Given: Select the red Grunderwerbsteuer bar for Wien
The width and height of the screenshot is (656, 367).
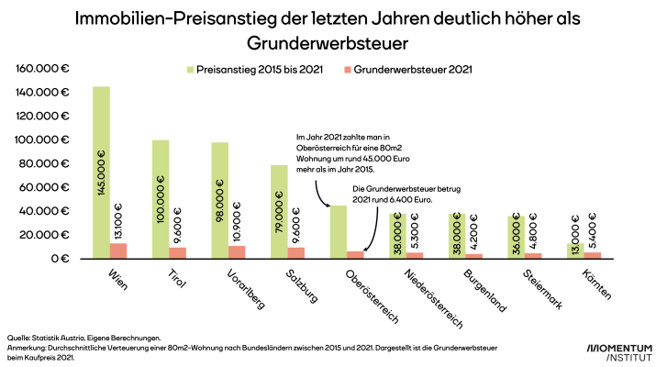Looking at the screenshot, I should pos(118,250).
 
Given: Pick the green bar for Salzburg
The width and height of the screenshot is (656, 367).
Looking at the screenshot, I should pos(280,212).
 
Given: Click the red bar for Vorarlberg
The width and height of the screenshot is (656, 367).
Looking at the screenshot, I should pos(238,251).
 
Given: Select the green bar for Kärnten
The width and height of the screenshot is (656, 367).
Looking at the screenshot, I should pos(576,250).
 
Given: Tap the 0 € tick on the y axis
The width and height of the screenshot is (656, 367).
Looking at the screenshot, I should pos(61,259).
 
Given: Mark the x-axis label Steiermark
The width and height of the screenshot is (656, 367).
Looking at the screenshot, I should pos(544,289).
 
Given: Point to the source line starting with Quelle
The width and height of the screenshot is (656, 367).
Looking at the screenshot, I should pos(83,339).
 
